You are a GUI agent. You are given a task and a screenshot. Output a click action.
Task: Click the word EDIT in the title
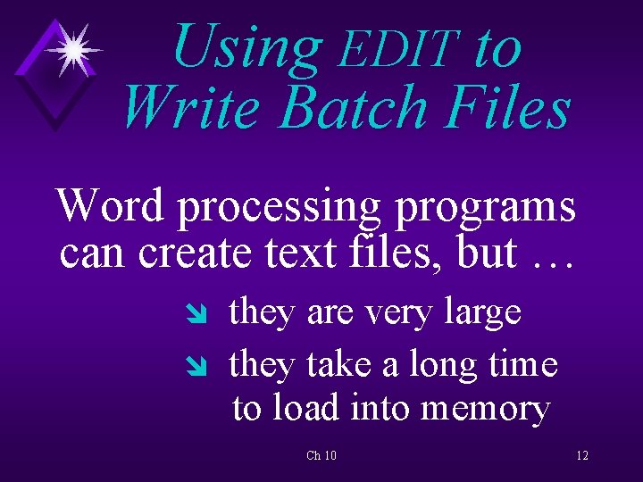pos(398,49)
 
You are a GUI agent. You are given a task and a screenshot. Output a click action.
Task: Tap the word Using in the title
pos(246,46)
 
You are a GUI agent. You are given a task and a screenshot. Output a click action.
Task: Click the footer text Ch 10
pos(321,456)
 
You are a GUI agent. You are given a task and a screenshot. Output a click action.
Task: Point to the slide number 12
pos(582,456)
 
